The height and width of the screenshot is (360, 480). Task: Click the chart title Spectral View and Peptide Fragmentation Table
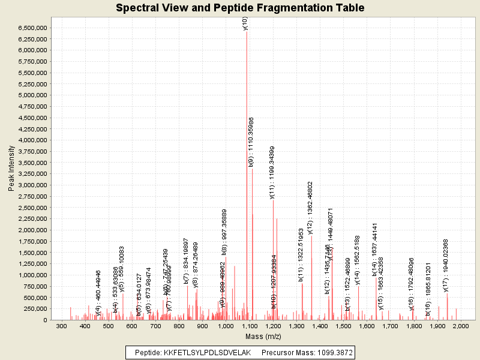pyautogui.click(x=240, y=8)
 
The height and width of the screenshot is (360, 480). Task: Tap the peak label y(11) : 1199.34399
pyautogui.click(x=272, y=172)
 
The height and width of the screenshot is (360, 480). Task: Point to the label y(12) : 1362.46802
pyautogui.click(x=310, y=208)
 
